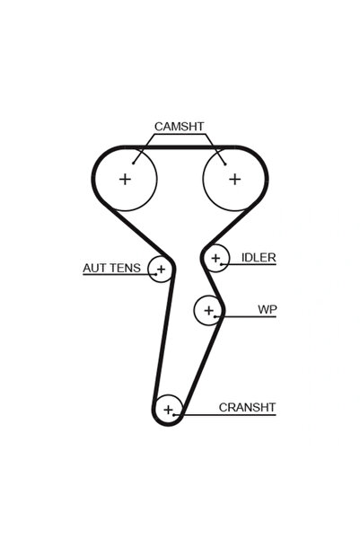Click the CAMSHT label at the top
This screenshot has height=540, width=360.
pyautogui.click(x=179, y=127)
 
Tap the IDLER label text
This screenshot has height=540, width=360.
pyautogui.click(x=259, y=258)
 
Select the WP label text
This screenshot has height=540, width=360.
pyautogui.click(x=267, y=309)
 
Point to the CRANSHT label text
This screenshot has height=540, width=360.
pyautogui.click(x=247, y=407)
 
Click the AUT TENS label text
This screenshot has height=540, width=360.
pyautogui.click(x=112, y=268)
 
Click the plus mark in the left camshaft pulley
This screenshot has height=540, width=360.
pyautogui.click(x=125, y=179)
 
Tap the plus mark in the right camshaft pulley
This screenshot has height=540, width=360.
pyautogui.click(x=234, y=179)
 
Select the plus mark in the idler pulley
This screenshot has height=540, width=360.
pyautogui.click(x=215, y=258)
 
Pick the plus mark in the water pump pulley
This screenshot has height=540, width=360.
pyautogui.click(x=208, y=310)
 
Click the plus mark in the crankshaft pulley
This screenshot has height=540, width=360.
pyautogui.click(x=168, y=410)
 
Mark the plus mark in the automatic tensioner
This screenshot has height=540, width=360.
pyautogui.click(x=161, y=269)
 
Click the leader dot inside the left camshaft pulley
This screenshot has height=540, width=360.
pyautogui.click(x=133, y=164)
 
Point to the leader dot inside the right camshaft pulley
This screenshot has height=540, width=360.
pyautogui.click(x=225, y=164)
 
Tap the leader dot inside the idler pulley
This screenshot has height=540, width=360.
pyautogui.click(x=222, y=264)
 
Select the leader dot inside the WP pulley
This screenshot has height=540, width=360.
pyautogui.click(x=215, y=316)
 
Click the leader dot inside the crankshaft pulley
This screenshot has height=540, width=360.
pyautogui.click(x=174, y=414)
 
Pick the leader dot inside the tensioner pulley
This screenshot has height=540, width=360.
pyautogui.click(x=155, y=274)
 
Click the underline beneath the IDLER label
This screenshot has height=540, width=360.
pyautogui.click(x=249, y=264)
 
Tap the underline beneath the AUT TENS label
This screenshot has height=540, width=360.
pyautogui.click(x=119, y=275)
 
